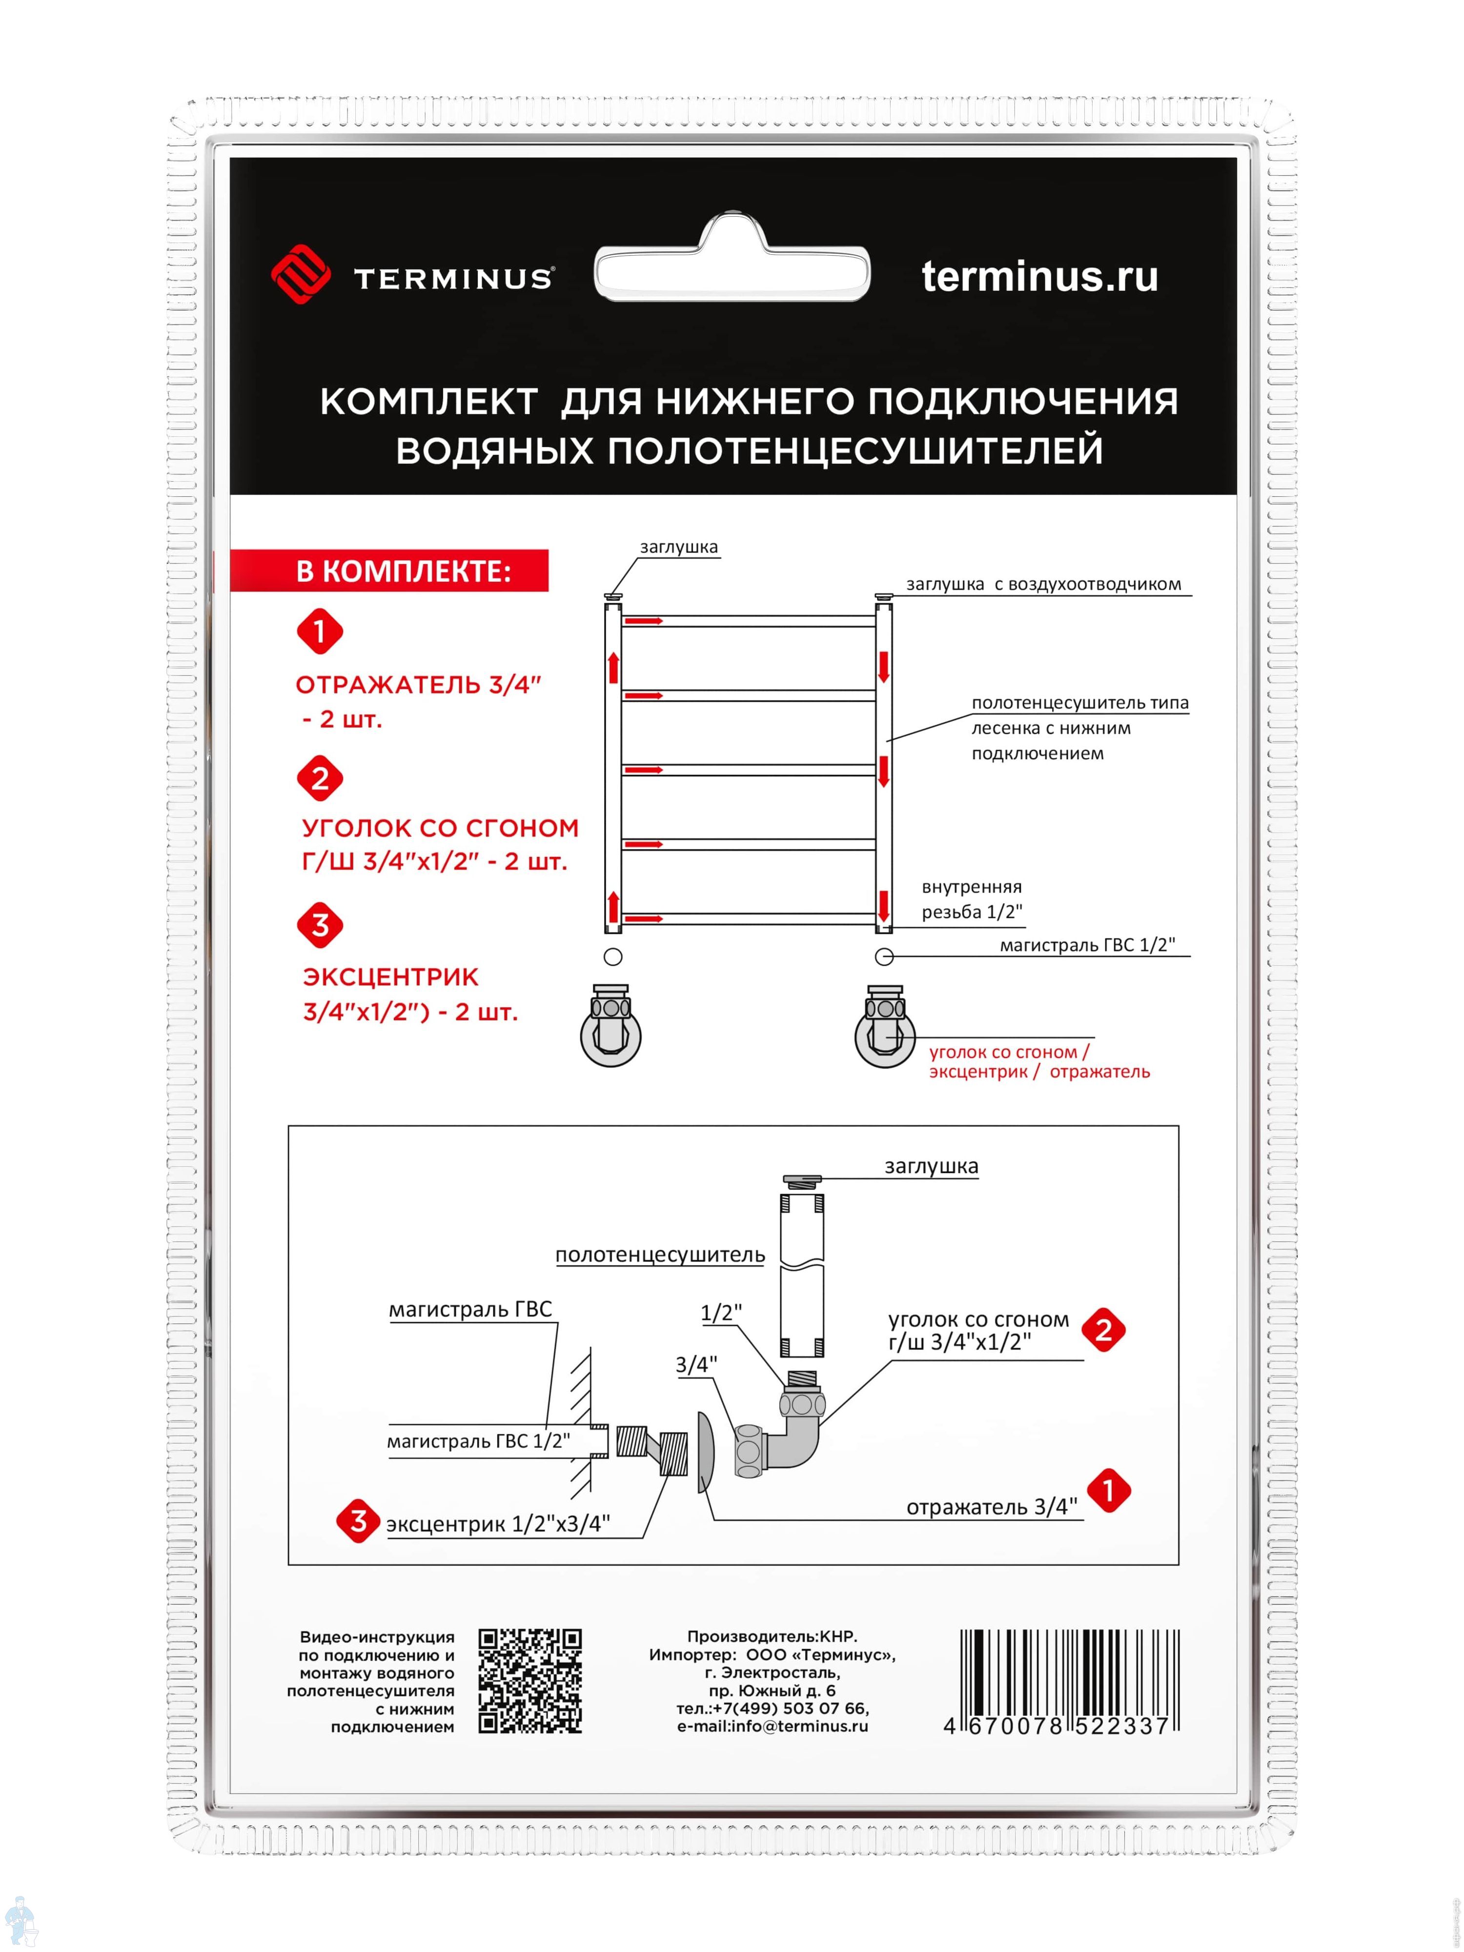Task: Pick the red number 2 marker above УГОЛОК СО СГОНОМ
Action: point(320,778)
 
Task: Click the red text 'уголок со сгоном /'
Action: point(1009,1052)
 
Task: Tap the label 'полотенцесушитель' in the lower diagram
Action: point(659,1255)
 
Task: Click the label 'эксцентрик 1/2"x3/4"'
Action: point(498,1524)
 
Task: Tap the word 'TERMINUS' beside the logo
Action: point(453,279)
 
